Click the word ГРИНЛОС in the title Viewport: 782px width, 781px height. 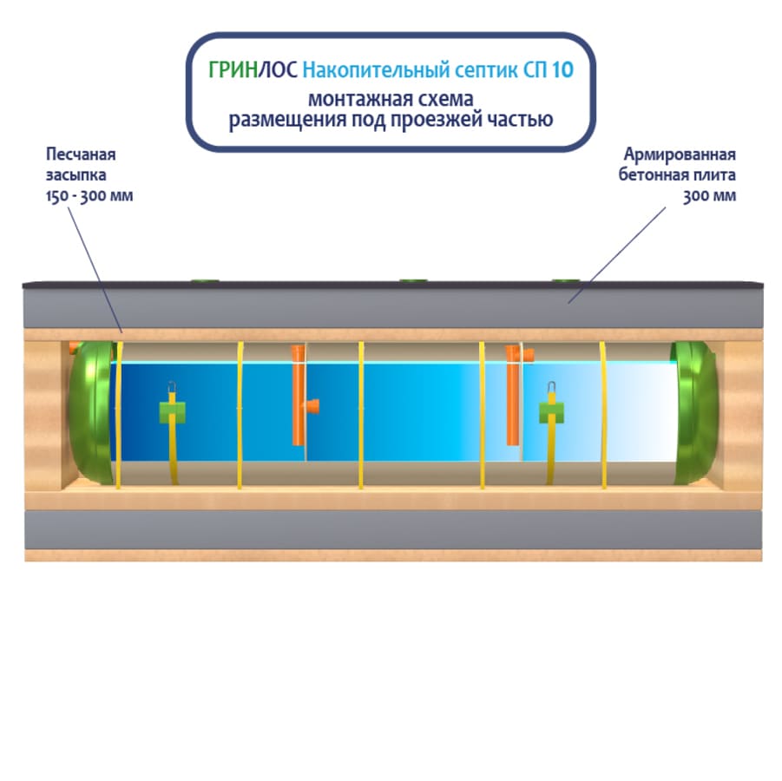253,69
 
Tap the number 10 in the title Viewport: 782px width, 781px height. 562,69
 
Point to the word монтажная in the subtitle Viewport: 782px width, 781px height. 352,97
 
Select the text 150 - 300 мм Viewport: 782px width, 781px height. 89,195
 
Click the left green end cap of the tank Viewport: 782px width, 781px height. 90,413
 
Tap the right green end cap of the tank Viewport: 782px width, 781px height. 696,412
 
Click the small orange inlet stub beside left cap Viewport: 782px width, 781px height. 74,348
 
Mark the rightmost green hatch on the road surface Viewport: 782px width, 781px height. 566,280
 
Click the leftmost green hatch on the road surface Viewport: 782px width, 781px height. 204,280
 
